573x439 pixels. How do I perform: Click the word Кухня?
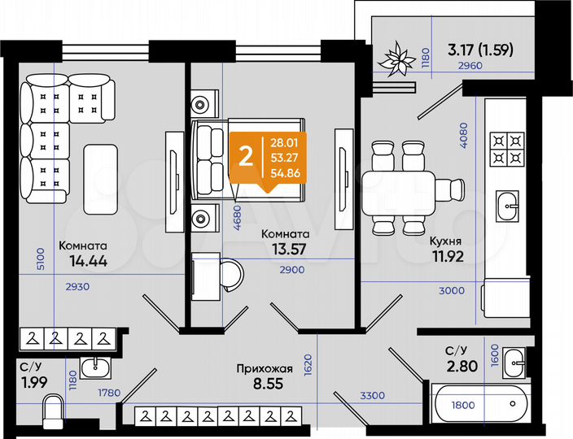[446, 241]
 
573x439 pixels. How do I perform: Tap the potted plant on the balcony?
[397, 59]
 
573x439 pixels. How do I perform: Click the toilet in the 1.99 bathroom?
[52, 411]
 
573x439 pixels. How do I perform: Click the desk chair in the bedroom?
[231, 274]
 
